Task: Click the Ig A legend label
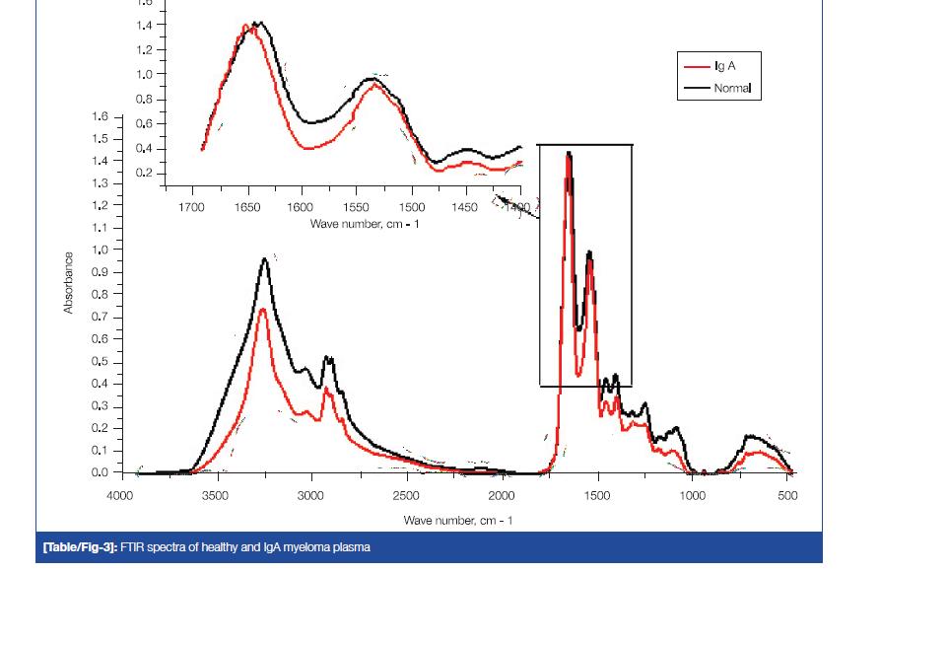click(724, 66)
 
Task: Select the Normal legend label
click(732, 88)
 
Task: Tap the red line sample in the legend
click(697, 66)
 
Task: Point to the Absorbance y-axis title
click(68, 283)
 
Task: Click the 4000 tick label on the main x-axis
click(120, 496)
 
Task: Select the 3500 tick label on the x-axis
click(215, 496)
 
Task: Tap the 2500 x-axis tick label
click(406, 496)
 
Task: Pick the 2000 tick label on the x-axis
click(502, 496)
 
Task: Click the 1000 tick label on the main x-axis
click(693, 496)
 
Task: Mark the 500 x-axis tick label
click(787, 496)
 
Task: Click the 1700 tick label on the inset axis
click(192, 207)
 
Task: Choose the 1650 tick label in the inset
click(246, 207)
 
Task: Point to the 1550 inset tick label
click(357, 207)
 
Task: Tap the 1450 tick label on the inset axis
click(465, 207)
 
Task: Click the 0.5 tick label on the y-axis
click(100, 362)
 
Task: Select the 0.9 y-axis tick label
click(100, 272)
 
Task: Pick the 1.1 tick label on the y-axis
click(100, 228)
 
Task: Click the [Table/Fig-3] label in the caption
click(80, 547)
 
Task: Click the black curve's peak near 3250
click(265, 259)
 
